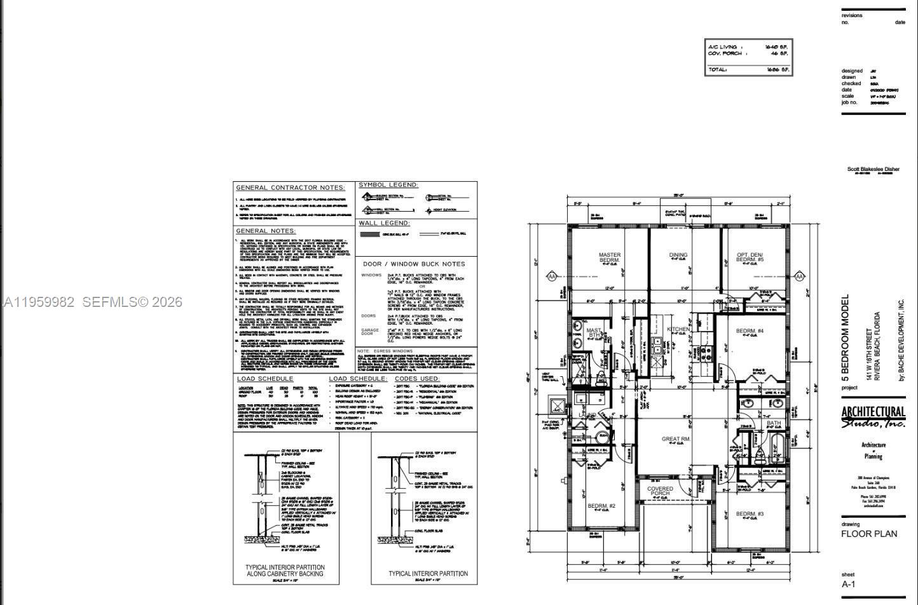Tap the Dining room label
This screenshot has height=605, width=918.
click(x=678, y=255)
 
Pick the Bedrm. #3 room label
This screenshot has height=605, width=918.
click(x=750, y=513)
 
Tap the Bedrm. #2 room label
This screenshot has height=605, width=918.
click(x=601, y=506)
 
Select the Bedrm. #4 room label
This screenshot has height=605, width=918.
click(x=750, y=331)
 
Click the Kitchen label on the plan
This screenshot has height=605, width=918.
click(x=678, y=329)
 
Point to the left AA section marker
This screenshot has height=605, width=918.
click(x=552, y=276)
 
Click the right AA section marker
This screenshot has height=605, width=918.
click(x=799, y=276)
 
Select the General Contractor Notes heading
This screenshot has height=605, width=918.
click(x=291, y=187)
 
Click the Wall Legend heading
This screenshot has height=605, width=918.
click(x=385, y=223)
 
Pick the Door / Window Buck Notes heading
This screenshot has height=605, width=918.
click(x=414, y=264)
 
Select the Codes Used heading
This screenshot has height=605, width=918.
click(x=417, y=379)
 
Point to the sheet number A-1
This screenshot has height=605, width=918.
click(x=849, y=585)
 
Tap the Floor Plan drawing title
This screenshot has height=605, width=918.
click(x=869, y=534)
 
